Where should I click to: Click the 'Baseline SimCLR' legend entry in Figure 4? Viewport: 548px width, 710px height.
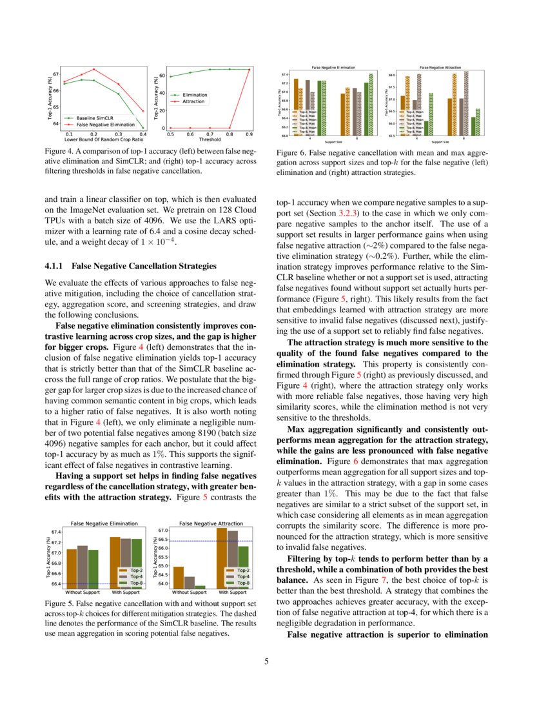click(94, 119)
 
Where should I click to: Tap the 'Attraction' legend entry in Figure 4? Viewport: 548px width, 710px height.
click(193, 101)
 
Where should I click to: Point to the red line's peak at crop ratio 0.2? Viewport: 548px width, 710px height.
click(94, 69)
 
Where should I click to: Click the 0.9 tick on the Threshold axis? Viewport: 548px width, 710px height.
click(250, 134)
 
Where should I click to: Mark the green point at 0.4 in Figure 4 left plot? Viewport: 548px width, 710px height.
click(142, 128)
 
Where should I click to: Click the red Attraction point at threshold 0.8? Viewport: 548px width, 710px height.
click(230, 128)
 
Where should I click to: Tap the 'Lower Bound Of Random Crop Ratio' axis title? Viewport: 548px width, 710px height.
click(103, 139)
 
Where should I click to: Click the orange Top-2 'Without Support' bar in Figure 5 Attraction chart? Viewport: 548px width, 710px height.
click(179, 576)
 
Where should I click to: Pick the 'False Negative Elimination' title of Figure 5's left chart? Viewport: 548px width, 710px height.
click(104, 523)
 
